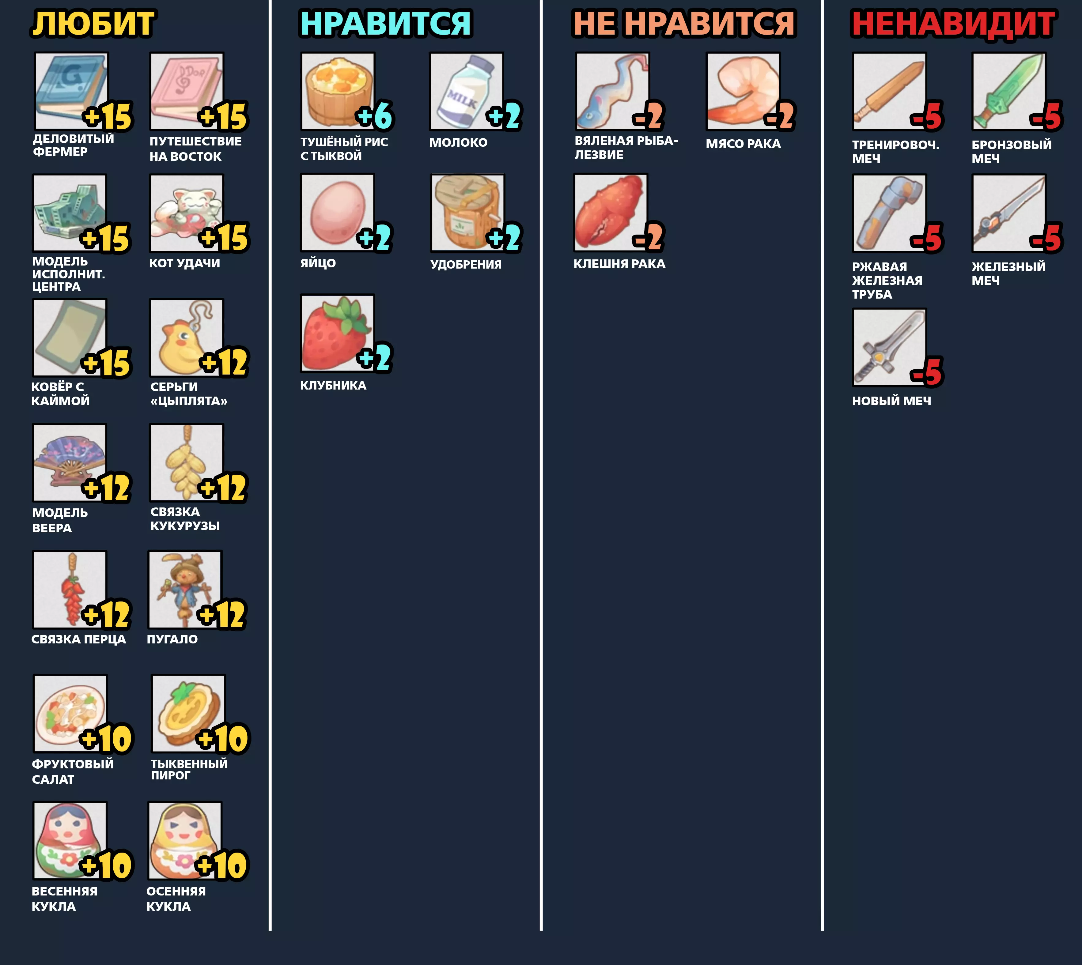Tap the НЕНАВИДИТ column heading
954,24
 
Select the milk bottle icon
466,91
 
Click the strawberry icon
337,333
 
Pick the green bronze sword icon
1009,91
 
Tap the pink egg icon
337,213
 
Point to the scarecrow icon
185,590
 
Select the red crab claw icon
611,213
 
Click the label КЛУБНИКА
333,386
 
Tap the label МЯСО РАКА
743,144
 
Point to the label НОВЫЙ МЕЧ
891,401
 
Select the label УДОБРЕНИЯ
466,264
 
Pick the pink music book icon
187,91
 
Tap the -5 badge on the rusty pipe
927,238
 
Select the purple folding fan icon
70,462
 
